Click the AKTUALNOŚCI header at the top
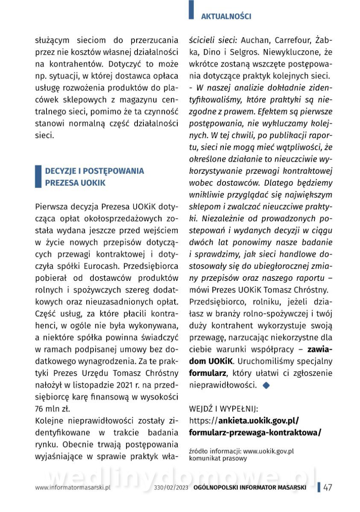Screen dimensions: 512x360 click(x=226, y=17)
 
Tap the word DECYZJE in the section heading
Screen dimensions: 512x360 click(x=61, y=171)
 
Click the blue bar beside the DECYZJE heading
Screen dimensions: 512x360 click(x=38, y=177)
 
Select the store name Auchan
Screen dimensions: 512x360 click(x=255, y=41)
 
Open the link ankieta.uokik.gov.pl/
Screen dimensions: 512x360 click(x=258, y=420)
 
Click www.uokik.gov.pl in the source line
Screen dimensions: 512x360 click(x=268, y=451)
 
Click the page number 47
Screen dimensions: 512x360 click(x=328, y=488)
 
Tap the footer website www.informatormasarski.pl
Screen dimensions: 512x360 click(x=73, y=488)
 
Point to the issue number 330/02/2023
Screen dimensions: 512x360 click(x=171, y=488)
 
